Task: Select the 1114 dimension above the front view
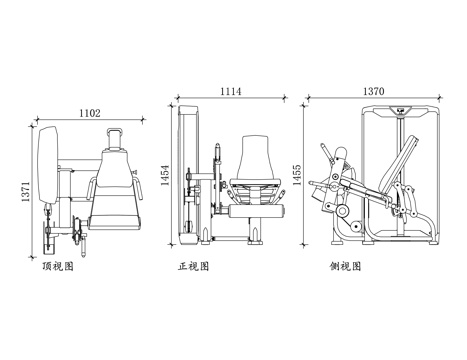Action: click(x=231, y=91)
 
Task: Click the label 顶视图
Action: click(x=61, y=268)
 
